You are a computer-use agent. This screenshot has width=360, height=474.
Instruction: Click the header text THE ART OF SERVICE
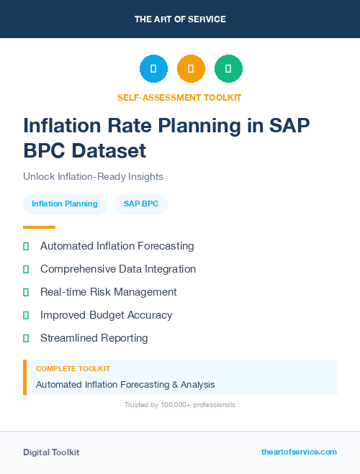pyautogui.click(x=180, y=19)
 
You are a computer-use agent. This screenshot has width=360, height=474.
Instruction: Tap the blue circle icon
pyautogui.click(x=153, y=69)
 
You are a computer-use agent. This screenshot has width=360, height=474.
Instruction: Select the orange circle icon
pyautogui.click(x=191, y=69)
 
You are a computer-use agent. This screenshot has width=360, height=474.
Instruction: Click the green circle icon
pyautogui.click(x=228, y=69)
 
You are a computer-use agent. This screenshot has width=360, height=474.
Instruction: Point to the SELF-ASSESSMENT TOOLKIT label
pyautogui.click(x=179, y=97)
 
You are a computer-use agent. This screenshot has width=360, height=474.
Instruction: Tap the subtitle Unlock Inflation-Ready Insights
pyautogui.click(x=93, y=176)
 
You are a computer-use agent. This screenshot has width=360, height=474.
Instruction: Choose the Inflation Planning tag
pyautogui.click(x=65, y=204)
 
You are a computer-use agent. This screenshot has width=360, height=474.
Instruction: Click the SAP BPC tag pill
pyautogui.click(x=141, y=204)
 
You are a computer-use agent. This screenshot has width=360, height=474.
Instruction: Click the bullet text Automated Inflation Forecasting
pyautogui.click(x=117, y=246)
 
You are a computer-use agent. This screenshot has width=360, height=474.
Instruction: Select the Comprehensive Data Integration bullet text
pyautogui.click(x=117, y=269)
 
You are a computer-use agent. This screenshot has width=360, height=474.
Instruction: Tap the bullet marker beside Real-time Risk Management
pyautogui.click(x=26, y=292)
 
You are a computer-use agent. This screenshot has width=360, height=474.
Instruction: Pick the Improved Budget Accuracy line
pyautogui.click(x=106, y=315)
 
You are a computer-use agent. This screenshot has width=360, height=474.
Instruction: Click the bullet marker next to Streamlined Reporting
pyautogui.click(x=26, y=338)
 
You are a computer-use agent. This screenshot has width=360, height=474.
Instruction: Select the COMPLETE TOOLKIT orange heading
pyautogui.click(x=73, y=369)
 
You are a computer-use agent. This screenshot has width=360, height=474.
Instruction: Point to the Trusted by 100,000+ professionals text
pyautogui.click(x=179, y=405)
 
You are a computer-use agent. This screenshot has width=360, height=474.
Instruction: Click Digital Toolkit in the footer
pyautogui.click(x=51, y=452)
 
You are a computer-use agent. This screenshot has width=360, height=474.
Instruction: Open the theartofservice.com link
pyautogui.click(x=299, y=452)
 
